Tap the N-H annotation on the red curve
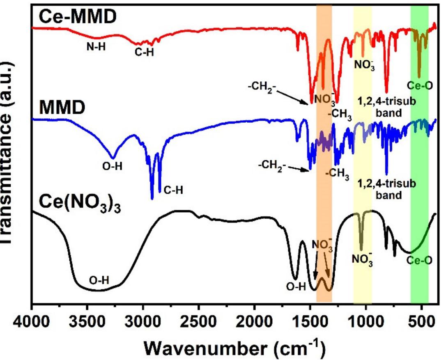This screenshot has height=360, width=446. click(96, 46)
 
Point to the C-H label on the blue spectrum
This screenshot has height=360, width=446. click(173, 190)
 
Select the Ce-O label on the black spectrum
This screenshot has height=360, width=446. click(419, 260)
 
